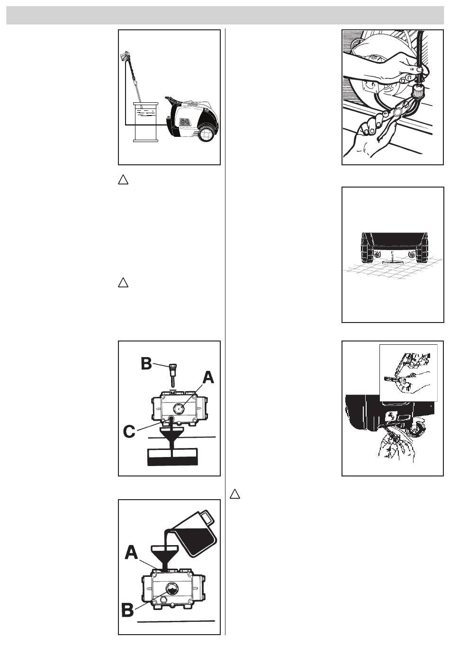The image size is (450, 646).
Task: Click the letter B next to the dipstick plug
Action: tap(146, 364)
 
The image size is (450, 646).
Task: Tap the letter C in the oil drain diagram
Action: tap(129, 432)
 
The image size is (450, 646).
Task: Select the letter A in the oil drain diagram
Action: tap(208, 377)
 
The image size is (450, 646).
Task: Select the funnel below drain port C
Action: tap(172, 437)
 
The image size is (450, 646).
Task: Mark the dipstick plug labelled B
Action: tap(172, 375)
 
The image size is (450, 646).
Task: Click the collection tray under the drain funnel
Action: tap(172, 457)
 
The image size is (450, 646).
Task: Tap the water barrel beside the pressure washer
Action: tap(145, 122)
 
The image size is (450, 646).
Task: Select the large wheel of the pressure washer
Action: tap(207, 133)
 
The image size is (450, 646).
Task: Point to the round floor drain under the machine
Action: tap(391, 262)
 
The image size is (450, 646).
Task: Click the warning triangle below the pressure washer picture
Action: tap(123, 180)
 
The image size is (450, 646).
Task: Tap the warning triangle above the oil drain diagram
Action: tap(123, 282)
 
